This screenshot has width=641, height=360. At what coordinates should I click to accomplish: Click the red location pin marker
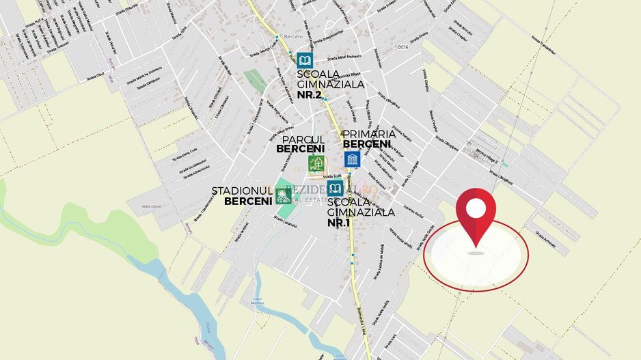476,217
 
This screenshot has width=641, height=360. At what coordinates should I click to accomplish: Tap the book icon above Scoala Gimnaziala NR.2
305,60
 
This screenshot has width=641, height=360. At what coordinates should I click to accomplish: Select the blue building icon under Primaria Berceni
352,160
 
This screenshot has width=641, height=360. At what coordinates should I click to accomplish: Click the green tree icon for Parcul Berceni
316,164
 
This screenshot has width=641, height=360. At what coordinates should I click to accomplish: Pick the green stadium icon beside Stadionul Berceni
283,196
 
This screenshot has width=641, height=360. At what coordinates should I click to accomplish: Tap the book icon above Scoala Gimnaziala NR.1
336,189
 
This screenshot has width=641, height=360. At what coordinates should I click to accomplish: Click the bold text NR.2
309,95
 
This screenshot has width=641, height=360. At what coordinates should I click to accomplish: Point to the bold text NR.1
340,223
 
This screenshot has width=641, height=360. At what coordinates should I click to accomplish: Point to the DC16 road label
403,47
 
